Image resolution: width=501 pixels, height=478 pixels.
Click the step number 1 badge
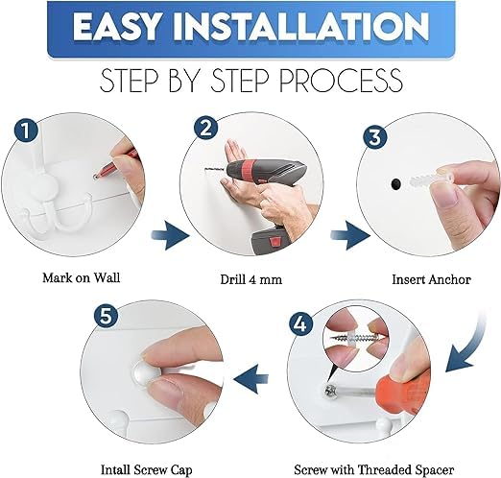click(26, 131)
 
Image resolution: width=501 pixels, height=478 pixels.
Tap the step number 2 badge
click(206, 129)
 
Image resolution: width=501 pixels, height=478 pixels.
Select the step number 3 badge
click(375, 136)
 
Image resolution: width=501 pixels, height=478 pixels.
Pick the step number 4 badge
click(301, 324)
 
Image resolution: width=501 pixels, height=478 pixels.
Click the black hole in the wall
click(396, 183)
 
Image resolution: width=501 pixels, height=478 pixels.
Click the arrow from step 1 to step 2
click(170, 236)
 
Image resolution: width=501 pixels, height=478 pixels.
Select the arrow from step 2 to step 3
click(350, 236)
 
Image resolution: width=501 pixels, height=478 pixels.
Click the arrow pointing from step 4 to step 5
click(250, 379)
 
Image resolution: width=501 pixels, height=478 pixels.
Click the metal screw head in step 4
click(330, 392)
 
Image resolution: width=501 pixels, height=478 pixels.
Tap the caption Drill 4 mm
click(251, 279)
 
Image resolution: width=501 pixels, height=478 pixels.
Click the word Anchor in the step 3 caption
click(450, 279)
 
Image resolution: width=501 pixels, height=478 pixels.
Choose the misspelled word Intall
click(115, 469)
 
